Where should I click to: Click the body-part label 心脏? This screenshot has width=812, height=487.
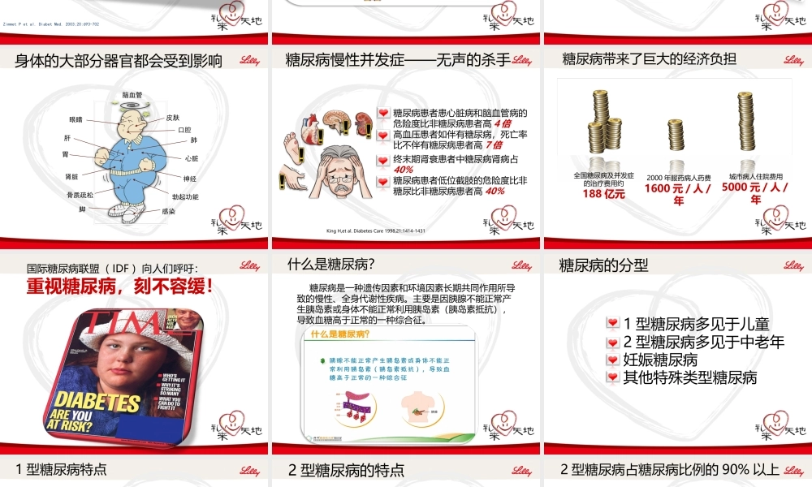pos(192,158)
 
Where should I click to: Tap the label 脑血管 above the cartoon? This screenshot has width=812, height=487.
pos(132,95)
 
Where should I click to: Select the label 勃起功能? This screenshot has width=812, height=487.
pos(185,196)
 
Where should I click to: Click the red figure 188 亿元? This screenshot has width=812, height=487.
pos(603,194)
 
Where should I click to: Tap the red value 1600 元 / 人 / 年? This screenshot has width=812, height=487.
pos(678,194)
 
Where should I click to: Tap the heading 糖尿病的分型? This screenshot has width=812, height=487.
pos(604,265)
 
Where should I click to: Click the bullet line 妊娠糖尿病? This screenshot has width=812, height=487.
pos(660,360)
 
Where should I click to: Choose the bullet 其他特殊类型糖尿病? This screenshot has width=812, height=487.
pos(689,377)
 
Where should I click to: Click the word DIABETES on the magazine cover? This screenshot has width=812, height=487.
pos(97,403)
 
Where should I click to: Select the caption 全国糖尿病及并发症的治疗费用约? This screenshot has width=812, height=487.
pos(603,179)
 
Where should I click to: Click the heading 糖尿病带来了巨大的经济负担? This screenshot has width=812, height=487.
pos(650,58)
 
